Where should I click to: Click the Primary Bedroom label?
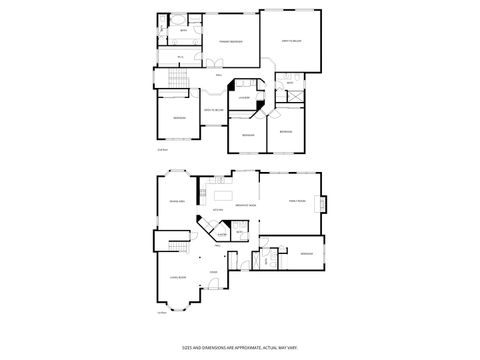click(x=231, y=41)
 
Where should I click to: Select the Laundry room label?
click(x=243, y=98)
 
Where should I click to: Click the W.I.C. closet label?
click(x=180, y=57)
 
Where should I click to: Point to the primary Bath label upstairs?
click(x=183, y=32)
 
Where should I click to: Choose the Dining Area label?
click(x=176, y=201)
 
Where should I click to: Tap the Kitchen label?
click(x=217, y=211)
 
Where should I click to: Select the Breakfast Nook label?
click(x=246, y=203)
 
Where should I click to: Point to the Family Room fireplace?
click(x=323, y=203)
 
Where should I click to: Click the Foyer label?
click(x=213, y=272)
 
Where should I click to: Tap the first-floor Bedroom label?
click(x=306, y=254)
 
